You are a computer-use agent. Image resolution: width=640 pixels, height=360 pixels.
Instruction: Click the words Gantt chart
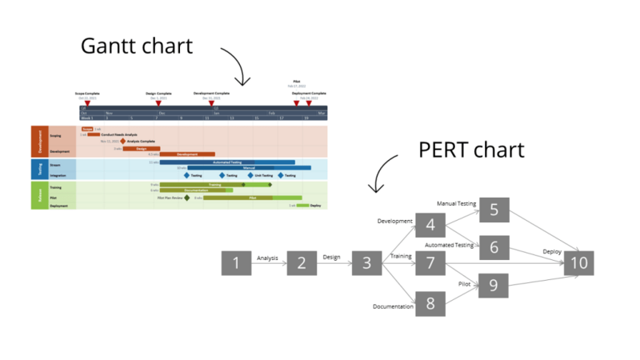137,46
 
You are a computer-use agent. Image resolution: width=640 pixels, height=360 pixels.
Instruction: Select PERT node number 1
236,262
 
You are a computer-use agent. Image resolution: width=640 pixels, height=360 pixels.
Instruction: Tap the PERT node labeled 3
366,262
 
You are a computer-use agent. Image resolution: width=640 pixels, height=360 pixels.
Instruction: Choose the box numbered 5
494,210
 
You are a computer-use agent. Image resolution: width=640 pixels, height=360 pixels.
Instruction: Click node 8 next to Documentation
430,302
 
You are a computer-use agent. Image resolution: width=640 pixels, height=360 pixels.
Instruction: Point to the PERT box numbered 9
494,285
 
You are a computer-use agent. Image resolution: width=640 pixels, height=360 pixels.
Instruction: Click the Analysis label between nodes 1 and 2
268,258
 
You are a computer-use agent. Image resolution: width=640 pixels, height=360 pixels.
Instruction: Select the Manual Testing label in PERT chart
456,204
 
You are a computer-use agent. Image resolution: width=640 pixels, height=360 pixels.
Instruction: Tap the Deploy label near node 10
552,251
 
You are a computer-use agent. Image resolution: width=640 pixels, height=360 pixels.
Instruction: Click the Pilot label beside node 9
465,283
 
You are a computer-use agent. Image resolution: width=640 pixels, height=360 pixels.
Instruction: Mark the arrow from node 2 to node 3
334,262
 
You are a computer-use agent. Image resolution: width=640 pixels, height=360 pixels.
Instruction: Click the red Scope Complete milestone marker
88,103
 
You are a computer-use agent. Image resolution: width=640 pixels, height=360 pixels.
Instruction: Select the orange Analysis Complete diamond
123,142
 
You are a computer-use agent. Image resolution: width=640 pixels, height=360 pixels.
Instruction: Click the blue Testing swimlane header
40,169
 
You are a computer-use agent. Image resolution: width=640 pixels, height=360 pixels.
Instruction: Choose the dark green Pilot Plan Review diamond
187,197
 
